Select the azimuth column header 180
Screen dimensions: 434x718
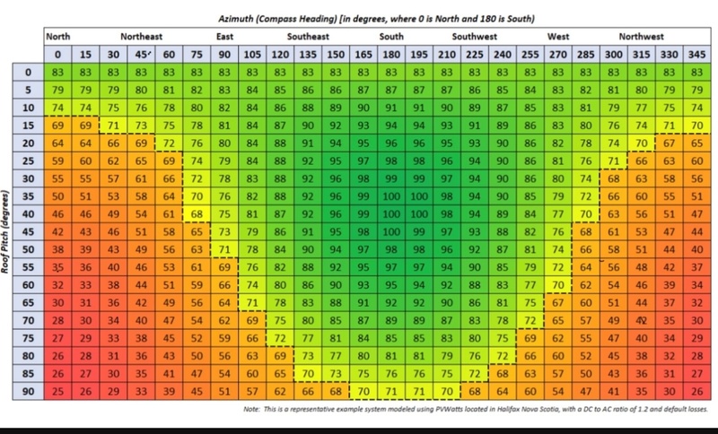pyautogui.click(x=391, y=54)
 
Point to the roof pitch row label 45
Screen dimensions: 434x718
pyautogui.click(x=27, y=230)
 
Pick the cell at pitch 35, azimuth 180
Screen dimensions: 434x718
pyautogui.click(x=391, y=195)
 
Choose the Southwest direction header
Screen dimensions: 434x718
pyautogui.click(x=475, y=38)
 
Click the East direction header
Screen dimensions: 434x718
pyautogui.click(x=225, y=38)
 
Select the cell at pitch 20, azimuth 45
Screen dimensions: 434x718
pyautogui.click(x=141, y=143)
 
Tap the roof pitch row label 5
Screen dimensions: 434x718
pyautogui.click(x=27, y=90)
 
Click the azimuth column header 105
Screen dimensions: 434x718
pyautogui.click(x=252, y=54)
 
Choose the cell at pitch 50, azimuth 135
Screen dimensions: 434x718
pyautogui.click(x=308, y=248)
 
